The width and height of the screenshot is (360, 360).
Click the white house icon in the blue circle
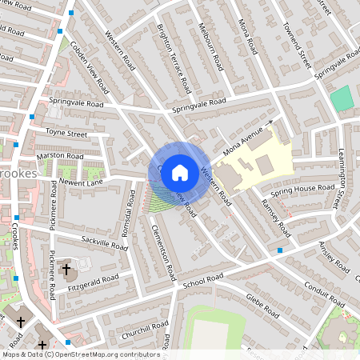click(x=179, y=172)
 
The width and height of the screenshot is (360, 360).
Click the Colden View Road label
click(x=88, y=65)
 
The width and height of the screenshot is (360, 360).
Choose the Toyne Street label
click(x=67, y=133)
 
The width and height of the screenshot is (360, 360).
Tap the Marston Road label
click(x=59, y=155)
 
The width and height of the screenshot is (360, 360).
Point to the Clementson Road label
click(x=162, y=251)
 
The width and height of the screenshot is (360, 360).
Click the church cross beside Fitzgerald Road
click(x=66, y=269)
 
